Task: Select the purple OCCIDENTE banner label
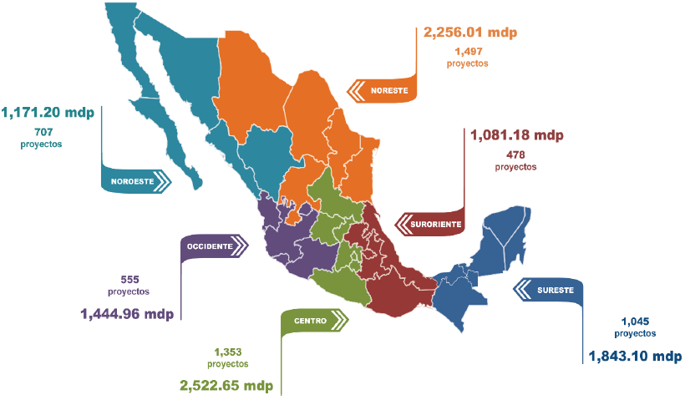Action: coord(210,246)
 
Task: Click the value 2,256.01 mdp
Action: coord(470,33)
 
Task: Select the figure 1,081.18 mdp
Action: coord(517,134)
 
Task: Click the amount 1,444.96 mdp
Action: coord(127,314)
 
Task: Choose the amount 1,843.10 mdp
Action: coord(635,357)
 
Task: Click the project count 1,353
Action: coord(227,352)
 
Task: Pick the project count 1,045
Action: coord(635,322)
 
